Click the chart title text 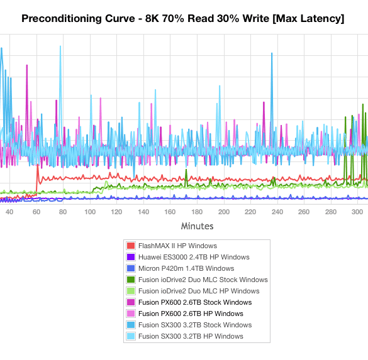[183, 18]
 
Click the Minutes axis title [197, 226]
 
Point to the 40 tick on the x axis [9, 212]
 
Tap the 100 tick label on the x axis [90, 212]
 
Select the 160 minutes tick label [170, 212]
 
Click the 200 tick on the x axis [224, 212]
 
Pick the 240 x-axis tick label [277, 212]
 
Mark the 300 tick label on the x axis [357, 212]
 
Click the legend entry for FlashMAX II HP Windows [177, 246]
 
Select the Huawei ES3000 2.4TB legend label [194, 257]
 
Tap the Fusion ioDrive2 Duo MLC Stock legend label [203, 280]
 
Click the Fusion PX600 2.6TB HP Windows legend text [191, 314]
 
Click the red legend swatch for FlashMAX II [131, 246]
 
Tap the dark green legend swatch [131, 280]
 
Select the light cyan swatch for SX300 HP [131, 336]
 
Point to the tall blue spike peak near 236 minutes [272, 53]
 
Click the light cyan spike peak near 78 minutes [60, 46]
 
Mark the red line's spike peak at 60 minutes [38, 165]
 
